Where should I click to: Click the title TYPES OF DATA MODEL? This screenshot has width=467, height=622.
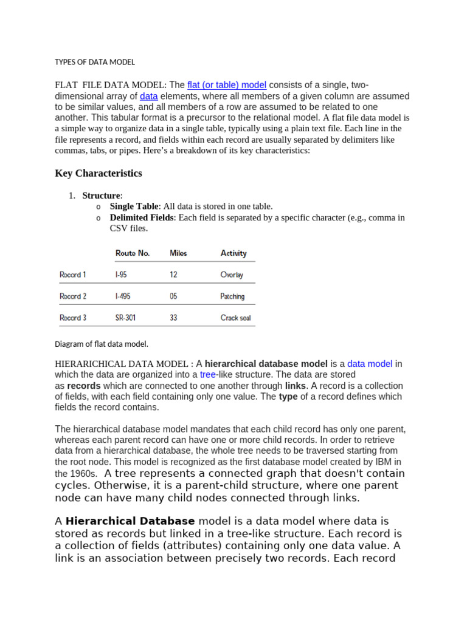pos(95,62)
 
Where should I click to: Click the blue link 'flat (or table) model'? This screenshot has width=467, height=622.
pos(227,85)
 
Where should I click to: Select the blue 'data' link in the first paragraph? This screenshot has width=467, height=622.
pos(148,96)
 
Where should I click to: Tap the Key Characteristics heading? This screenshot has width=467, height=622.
pos(99,173)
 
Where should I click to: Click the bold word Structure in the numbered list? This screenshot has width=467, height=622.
pos(102,196)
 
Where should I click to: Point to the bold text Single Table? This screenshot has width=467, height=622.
pos(134,207)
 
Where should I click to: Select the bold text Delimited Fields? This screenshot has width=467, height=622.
pos(142,217)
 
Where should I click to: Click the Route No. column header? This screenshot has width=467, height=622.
pos(133,253)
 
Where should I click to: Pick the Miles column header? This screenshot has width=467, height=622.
pos(178,253)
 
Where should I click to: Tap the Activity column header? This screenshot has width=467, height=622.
pos(233,253)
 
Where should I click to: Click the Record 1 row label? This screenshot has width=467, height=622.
pos(73,275)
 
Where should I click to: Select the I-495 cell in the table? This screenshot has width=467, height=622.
pos(123,296)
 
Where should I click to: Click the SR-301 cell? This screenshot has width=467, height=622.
pos(126,318)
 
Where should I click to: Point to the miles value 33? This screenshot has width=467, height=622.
pos(174,318)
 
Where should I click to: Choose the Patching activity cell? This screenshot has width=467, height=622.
pos(232,296)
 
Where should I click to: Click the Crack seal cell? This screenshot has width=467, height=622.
pos(235,318)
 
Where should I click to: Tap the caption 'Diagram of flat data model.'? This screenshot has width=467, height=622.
pos(102,344)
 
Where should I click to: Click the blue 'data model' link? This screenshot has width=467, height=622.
pos(370,364)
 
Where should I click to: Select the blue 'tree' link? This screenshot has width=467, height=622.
pos(208,375)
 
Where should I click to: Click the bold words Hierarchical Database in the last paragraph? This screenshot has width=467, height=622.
pos(130,521)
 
